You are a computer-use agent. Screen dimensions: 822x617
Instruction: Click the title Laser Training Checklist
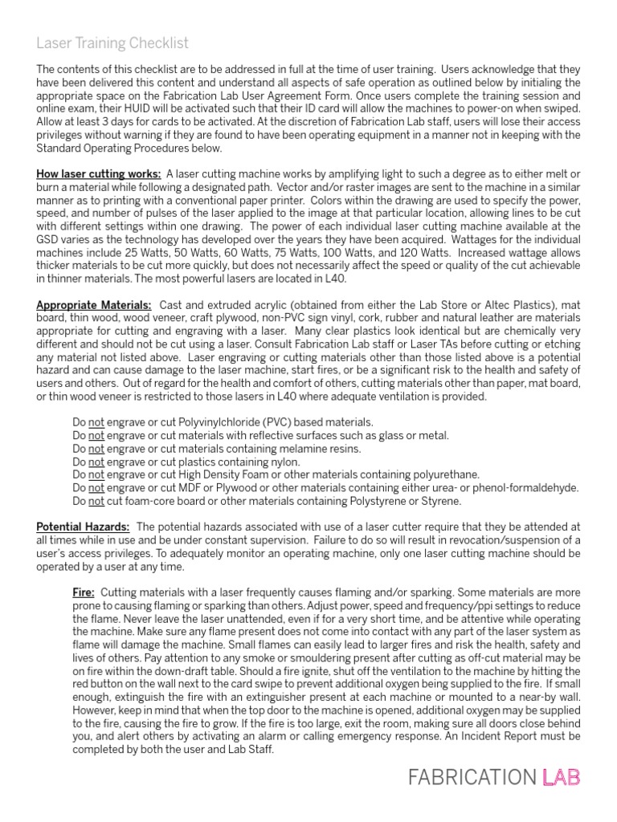click(x=112, y=43)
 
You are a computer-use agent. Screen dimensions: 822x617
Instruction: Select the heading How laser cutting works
click(x=98, y=174)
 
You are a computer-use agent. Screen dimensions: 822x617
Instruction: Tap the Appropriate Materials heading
click(x=93, y=304)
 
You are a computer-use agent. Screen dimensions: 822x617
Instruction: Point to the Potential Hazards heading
click(x=83, y=526)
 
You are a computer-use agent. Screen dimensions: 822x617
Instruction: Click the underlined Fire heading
click(x=84, y=591)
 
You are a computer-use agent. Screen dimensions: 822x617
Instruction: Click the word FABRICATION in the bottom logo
click(x=471, y=777)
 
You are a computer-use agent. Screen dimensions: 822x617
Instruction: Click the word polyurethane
click(x=446, y=474)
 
